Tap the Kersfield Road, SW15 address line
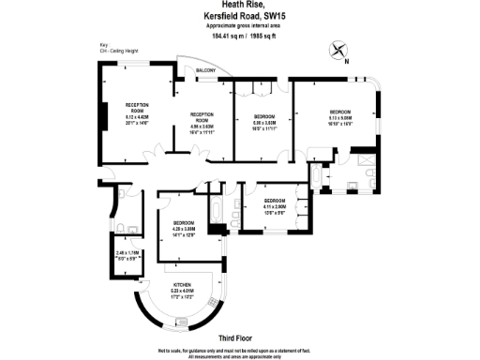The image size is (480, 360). pyautogui.click(x=239, y=17)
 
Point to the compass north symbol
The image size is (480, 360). pyautogui.click(x=339, y=52)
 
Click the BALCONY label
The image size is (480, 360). pyautogui.click(x=206, y=71)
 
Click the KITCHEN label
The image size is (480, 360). pyautogui.click(x=182, y=285)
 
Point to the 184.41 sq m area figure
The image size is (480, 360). pyautogui.click(x=212, y=36)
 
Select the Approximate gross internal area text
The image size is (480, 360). pyautogui.click(x=239, y=27)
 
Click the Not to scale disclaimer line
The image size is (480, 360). pyautogui.click(x=239, y=348)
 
